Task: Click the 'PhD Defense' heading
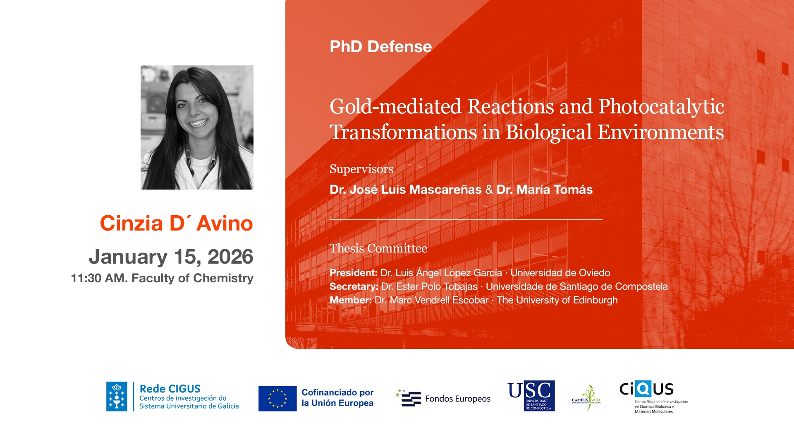(380, 46)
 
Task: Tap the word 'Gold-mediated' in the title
(395, 106)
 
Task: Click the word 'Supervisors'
(361, 169)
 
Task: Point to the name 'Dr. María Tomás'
(545, 190)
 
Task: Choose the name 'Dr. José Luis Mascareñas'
(406, 190)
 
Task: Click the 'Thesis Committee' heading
(378, 248)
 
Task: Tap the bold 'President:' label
(354, 273)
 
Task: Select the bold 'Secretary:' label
(354, 286)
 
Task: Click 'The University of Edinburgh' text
(557, 300)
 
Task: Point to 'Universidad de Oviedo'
(560, 273)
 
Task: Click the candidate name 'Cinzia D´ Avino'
(177, 223)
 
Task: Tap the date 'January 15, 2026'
(171, 257)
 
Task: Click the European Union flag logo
(277, 399)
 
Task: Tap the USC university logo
(531, 396)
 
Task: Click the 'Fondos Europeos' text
(458, 399)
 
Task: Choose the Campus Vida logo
(586, 398)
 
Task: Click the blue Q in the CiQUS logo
(643, 389)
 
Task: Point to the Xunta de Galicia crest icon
(117, 397)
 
